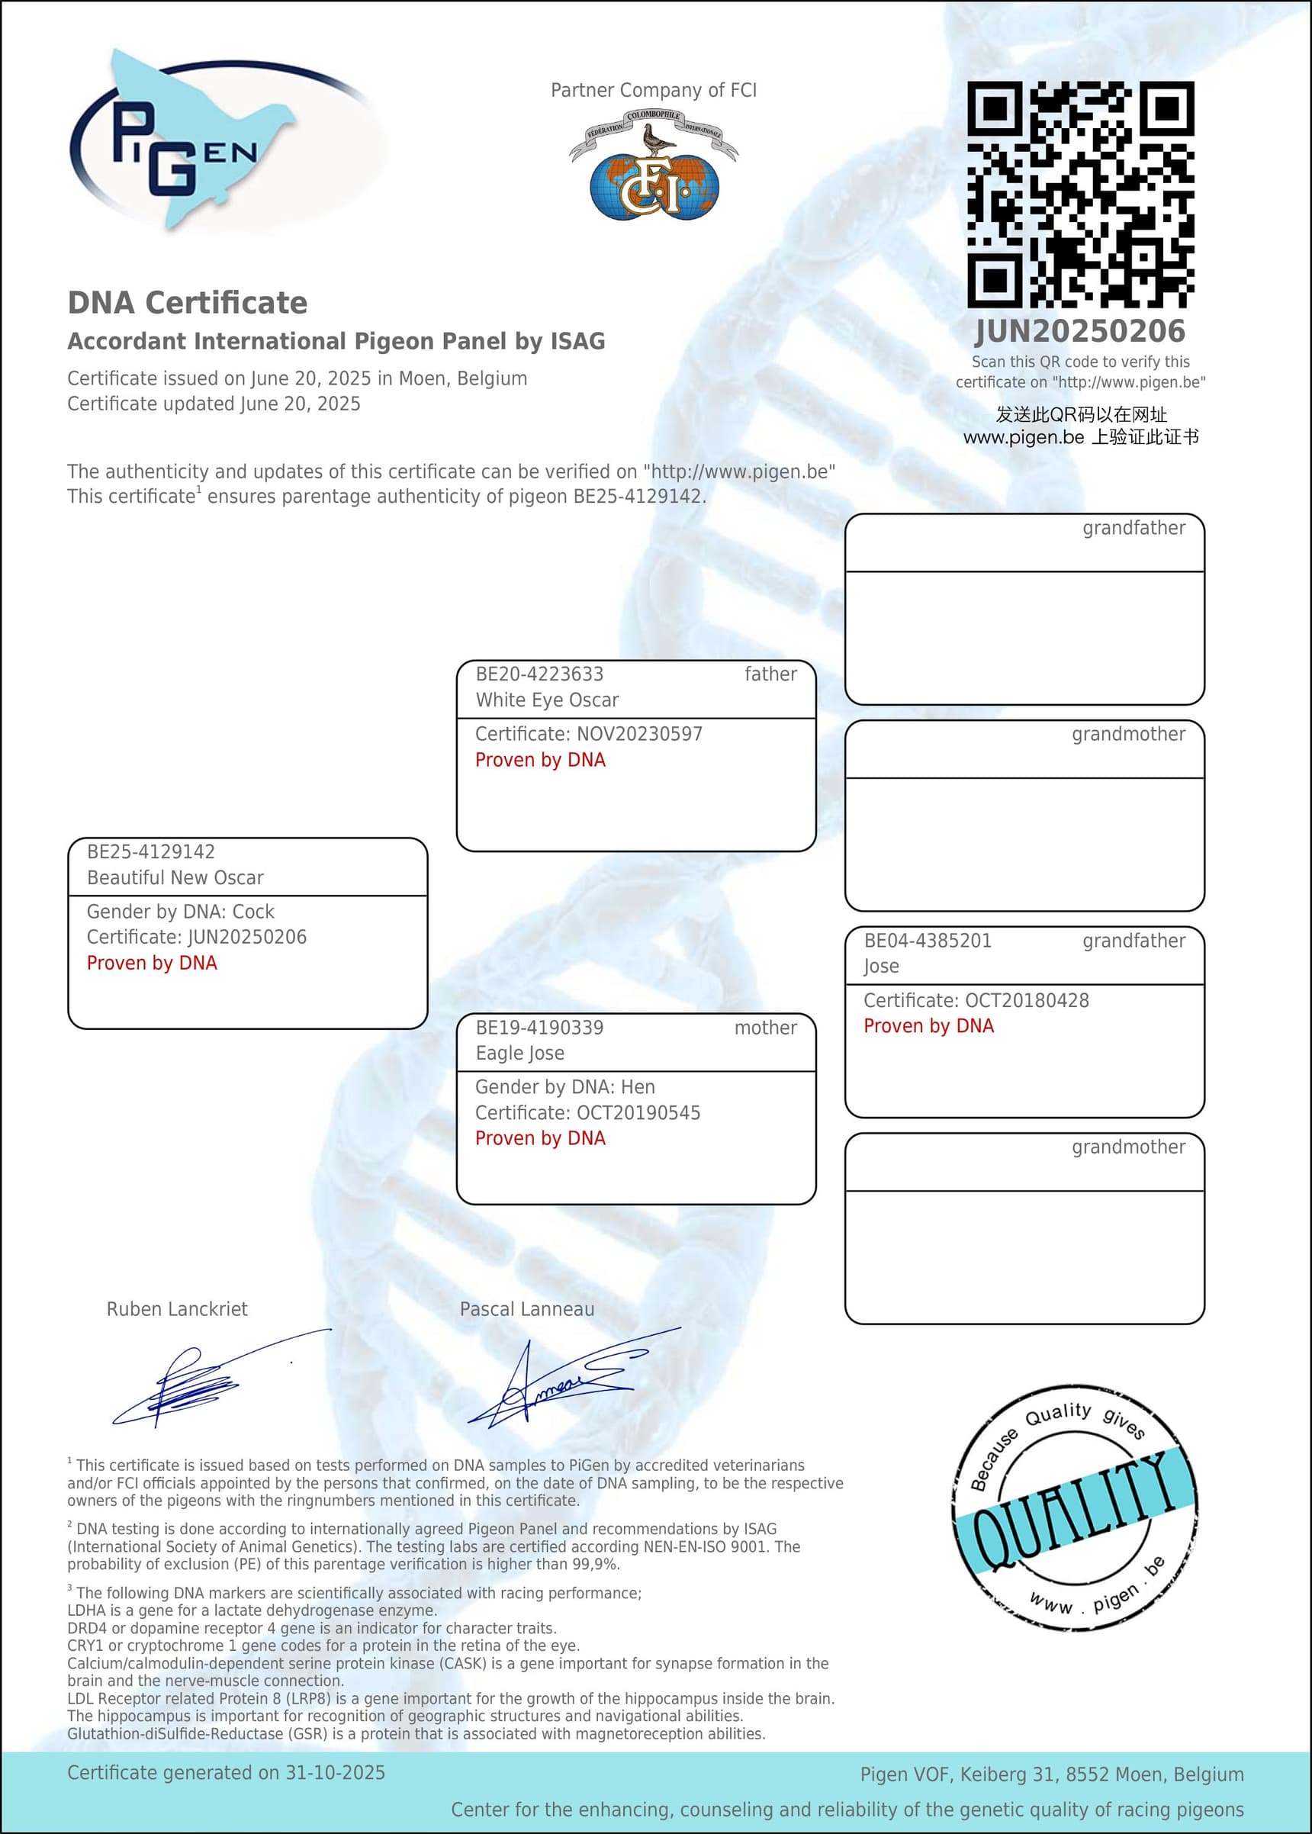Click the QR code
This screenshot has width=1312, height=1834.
[1080, 194]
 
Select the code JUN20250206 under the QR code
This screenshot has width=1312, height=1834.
[1080, 331]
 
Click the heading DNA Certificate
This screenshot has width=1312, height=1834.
[188, 303]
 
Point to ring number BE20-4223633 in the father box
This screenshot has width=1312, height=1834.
[539, 674]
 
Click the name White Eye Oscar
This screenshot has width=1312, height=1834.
[547, 700]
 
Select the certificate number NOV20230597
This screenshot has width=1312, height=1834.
[639, 734]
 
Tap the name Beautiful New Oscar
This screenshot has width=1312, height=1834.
[175, 877]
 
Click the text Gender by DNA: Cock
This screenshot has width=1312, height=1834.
[180, 912]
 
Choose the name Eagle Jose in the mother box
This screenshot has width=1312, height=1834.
[519, 1053]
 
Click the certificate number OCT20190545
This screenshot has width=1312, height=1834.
[638, 1112]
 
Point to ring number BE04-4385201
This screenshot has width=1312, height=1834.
[928, 941]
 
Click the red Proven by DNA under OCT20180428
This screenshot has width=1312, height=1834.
[928, 1026]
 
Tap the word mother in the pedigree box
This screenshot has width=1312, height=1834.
[765, 1028]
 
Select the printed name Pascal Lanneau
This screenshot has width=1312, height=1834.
[527, 1309]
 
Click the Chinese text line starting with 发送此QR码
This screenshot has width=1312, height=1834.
[1081, 414]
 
